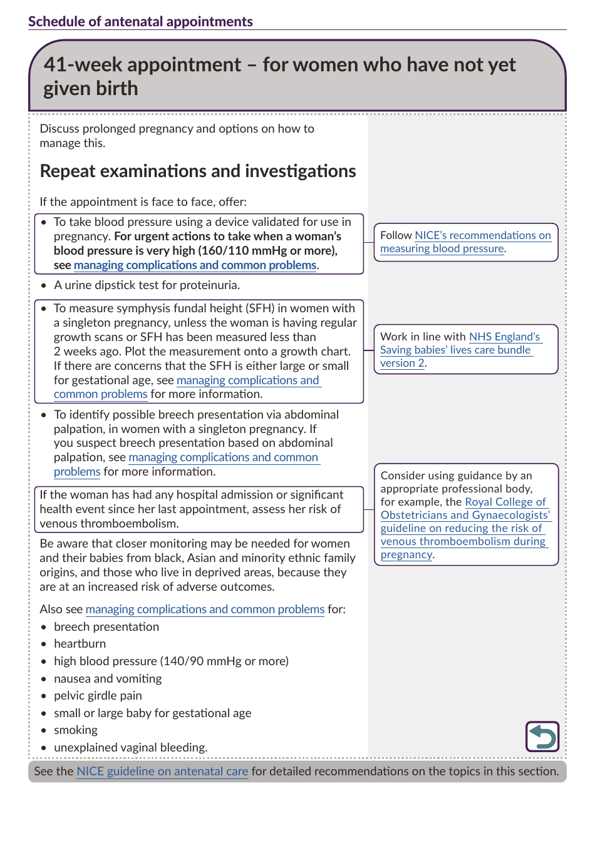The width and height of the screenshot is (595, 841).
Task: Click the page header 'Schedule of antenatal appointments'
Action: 140,21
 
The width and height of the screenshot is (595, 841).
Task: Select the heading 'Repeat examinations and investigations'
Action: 198,171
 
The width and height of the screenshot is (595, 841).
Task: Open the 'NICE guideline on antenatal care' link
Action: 162,771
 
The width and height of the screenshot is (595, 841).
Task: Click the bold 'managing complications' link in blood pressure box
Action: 195,265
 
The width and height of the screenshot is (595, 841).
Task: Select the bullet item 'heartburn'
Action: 80,643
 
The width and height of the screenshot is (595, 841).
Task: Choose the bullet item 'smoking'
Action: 76,730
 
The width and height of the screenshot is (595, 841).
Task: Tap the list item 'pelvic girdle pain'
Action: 98,695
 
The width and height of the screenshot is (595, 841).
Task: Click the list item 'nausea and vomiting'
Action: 108,678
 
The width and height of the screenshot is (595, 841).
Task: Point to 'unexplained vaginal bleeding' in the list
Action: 130,747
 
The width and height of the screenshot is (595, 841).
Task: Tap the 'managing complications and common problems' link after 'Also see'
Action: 205,609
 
